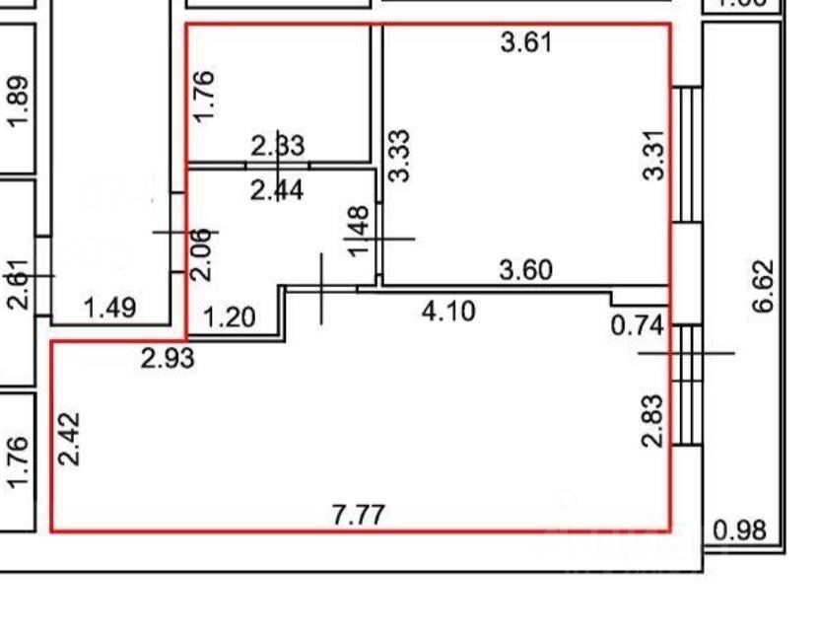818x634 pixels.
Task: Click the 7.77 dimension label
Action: [359, 515]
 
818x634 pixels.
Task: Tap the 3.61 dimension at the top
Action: [527, 42]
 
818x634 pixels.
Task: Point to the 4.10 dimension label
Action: [448, 312]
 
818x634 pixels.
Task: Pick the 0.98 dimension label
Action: [739, 530]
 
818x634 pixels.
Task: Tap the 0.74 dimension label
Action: [637, 326]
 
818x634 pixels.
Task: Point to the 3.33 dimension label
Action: [400, 155]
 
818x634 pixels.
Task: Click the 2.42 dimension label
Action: [69, 440]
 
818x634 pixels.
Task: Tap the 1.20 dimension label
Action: [230, 317]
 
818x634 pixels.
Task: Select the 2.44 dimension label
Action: [277, 189]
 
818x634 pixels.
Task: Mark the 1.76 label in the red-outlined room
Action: [204, 95]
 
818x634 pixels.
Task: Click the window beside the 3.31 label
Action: [687, 155]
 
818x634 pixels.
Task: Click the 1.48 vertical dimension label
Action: [360, 231]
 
